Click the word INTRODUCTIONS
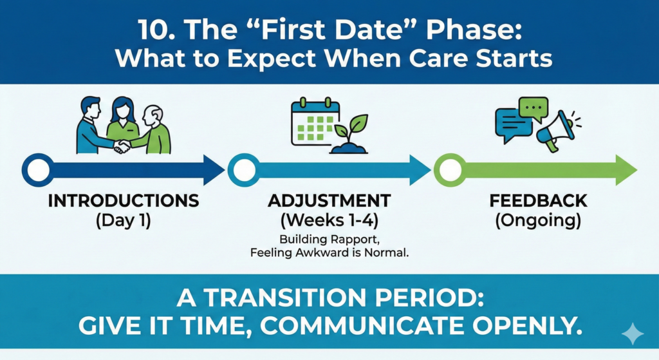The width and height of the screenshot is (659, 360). tap(124, 200)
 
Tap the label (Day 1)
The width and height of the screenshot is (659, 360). tap(123, 220)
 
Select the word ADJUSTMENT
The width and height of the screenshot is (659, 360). tap(329, 200)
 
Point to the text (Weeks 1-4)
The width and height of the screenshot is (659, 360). tap(329, 220)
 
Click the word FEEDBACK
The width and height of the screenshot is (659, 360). tap(539, 200)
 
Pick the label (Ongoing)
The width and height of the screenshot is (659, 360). tap(538, 221)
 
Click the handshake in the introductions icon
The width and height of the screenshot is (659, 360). tap(122, 146)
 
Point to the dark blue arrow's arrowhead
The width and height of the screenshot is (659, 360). tap(214, 170)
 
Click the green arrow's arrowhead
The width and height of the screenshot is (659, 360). tap(626, 170)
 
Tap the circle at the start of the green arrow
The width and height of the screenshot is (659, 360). tap(450, 170)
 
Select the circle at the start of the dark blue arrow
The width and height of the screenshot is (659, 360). tap(38, 170)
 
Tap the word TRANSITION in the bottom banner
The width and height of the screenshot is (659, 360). tap(286, 298)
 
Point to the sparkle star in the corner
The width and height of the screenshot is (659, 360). tap(633, 334)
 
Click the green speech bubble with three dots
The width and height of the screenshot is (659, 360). tap(534, 108)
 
